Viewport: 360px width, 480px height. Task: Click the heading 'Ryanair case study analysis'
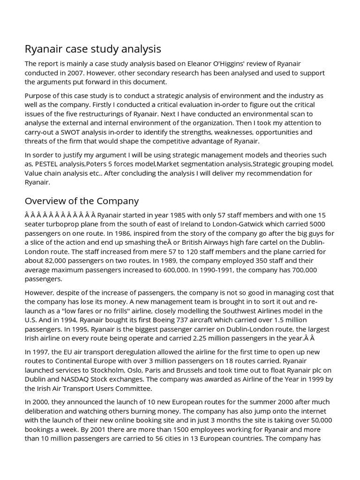[93, 49]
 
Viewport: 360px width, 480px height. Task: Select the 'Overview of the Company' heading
[82, 201]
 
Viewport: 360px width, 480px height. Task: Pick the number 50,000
[317, 420]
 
